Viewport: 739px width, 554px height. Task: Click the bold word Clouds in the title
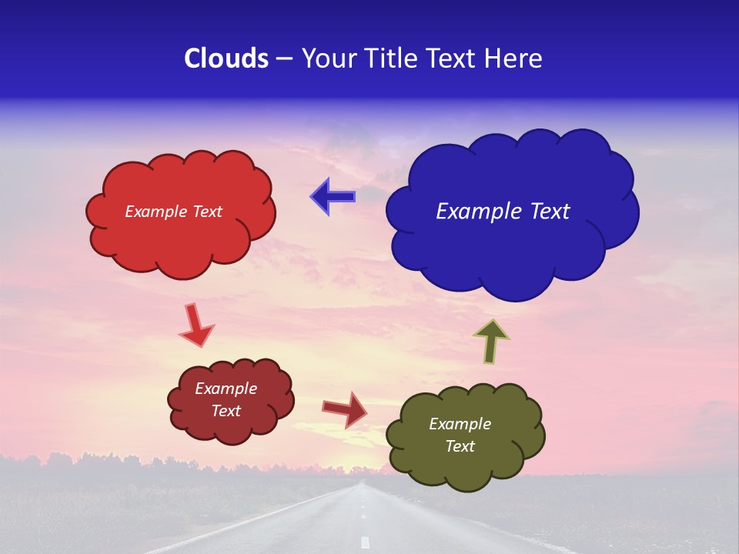pyautogui.click(x=226, y=58)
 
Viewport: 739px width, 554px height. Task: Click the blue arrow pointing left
pyautogui.click(x=333, y=197)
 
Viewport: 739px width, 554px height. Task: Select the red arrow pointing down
pyautogui.click(x=196, y=325)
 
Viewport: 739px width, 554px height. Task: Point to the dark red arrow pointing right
pyautogui.click(x=345, y=409)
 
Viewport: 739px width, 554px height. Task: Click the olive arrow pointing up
pyautogui.click(x=490, y=340)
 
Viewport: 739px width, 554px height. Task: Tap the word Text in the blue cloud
pyautogui.click(x=548, y=212)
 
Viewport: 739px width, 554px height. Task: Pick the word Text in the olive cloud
pyautogui.click(x=460, y=446)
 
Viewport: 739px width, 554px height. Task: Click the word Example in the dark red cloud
pyautogui.click(x=226, y=389)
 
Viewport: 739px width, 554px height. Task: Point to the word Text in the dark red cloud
pyautogui.click(x=226, y=411)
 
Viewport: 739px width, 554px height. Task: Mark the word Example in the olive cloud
pyautogui.click(x=460, y=424)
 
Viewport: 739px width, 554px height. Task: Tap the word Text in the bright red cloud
pyautogui.click(x=207, y=212)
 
